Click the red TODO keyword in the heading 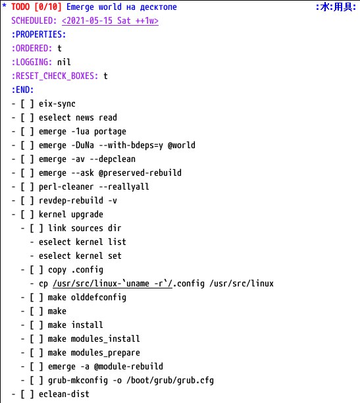click(20, 7)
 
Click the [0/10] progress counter click(48, 7)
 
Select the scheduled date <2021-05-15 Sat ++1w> click(110, 20)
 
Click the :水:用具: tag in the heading click(336, 7)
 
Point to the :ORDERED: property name click(32, 48)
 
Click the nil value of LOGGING click(64, 62)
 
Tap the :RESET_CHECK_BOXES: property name click(55, 76)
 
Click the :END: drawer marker click(22, 90)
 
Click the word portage click(110, 132)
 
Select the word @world click(182, 146)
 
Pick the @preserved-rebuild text click(140, 173)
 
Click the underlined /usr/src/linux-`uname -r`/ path click(113, 284)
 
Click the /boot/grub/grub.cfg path click(170, 381)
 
